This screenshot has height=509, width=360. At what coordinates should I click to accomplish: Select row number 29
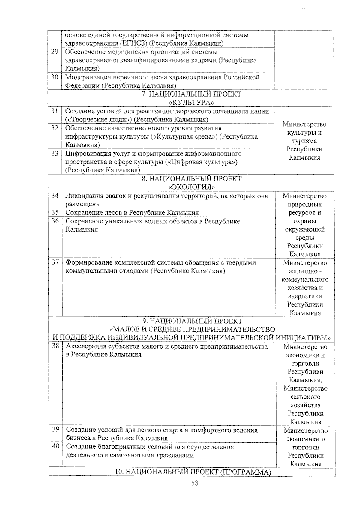coord(55,52)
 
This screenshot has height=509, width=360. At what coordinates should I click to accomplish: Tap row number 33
coord(55,154)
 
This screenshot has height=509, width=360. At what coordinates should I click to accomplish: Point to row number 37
coord(55,262)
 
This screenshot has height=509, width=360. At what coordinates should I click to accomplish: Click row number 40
coord(55,447)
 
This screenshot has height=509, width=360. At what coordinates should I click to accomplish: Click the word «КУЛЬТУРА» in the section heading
coord(191,103)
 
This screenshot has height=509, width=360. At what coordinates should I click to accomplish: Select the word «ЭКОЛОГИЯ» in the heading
coord(191,187)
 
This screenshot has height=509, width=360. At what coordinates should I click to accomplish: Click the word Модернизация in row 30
coord(87,77)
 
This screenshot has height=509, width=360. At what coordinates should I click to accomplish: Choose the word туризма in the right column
coord(304,141)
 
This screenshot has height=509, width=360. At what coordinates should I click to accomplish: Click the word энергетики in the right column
coord(305,296)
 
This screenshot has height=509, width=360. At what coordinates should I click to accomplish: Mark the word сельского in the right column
coord(305,397)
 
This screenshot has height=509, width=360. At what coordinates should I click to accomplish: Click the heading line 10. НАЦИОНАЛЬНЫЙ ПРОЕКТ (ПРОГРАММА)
coord(193,472)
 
